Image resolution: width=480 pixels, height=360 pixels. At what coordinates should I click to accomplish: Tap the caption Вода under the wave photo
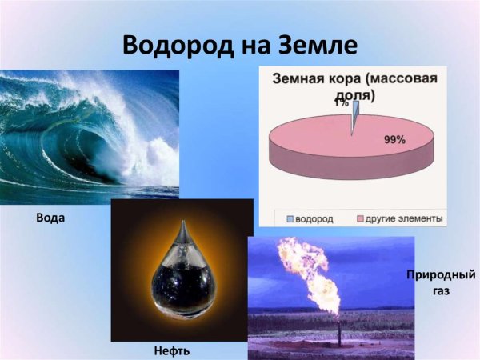(50, 217)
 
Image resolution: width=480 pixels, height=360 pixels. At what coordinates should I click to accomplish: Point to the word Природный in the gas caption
(441, 275)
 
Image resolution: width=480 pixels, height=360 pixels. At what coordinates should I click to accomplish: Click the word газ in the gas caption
(439, 291)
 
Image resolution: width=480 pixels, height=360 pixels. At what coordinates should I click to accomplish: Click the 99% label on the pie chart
(395, 139)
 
